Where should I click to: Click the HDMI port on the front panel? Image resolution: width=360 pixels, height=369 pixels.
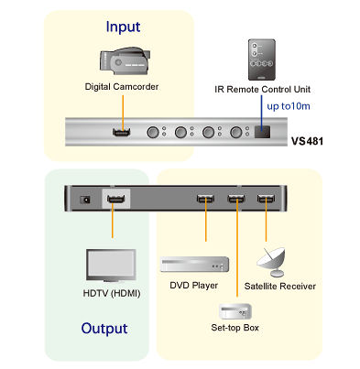point(120,132)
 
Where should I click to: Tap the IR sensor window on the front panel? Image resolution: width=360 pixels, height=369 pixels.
point(262,132)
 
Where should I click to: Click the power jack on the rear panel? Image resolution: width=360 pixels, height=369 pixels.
point(86,198)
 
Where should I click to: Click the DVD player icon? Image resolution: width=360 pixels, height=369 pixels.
point(194,266)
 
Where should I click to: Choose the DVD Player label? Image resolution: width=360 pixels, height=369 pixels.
point(192,286)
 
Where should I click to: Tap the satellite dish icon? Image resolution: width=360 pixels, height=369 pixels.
point(272,261)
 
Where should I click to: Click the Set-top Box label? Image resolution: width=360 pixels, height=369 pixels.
point(235,327)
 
